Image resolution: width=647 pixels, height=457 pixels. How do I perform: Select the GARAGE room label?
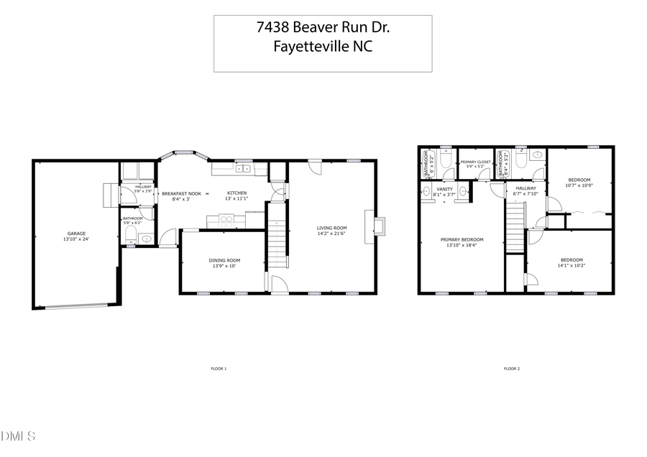tap(77, 234)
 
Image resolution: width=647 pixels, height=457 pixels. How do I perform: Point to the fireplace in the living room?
tap(378, 225)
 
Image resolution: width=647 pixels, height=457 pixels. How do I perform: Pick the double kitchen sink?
tap(242, 169)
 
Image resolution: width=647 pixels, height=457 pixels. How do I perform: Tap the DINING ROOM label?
tap(225, 260)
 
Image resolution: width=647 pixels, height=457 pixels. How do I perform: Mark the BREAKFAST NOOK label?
tap(180, 193)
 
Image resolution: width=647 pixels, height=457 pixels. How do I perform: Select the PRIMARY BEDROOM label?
tap(462, 239)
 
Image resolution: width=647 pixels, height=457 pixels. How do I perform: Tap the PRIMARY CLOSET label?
tap(475, 162)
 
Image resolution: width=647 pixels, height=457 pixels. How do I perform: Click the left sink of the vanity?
tap(427, 192)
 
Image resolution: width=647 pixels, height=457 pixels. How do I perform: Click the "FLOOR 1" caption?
tap(218, 369)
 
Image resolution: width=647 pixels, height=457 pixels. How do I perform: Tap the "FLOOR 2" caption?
tap(510, 369)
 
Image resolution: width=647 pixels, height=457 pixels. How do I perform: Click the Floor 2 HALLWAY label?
tap(526, 188)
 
